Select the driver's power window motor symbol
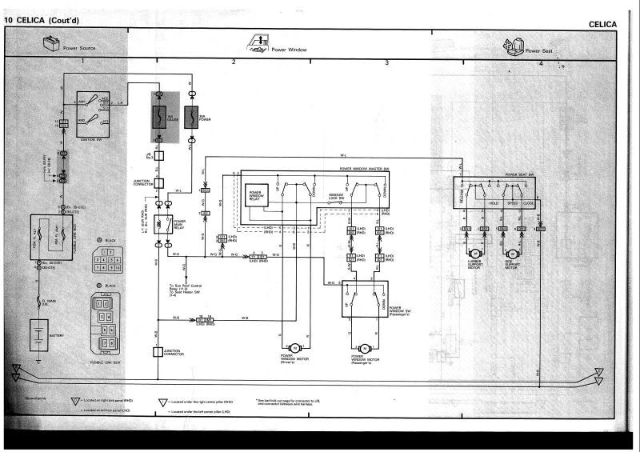click(x=294, y=346)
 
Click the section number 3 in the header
click(x=387, y=62)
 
